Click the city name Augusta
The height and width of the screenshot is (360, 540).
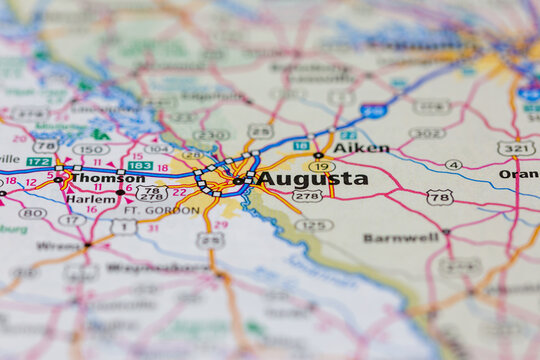[x=313, y=179]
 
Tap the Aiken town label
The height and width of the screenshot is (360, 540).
[x=361, y=148]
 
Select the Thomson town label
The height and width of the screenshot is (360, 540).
[x=107, y=178]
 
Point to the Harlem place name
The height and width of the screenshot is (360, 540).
[x=92, y=199]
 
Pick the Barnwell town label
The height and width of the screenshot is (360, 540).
[x=401, y=238]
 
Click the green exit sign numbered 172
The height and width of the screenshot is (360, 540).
[x=39, y=161]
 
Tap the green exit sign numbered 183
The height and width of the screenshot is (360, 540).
[x=141, y=166]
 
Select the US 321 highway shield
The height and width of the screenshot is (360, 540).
[x=516, y=148]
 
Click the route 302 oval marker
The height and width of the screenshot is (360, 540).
[x=427, y=133]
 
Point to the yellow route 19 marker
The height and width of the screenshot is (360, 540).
[x=321, y=166]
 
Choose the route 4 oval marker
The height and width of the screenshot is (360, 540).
[x=454, y=164]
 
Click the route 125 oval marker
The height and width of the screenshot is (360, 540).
[x=314, y=225]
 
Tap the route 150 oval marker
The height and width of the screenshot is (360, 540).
[x=91, y=149]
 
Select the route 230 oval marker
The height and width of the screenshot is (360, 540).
[x=211, y=135]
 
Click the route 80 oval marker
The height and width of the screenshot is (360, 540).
[x=32, y=213]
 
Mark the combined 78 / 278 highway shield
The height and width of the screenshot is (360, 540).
[x=152, y=192]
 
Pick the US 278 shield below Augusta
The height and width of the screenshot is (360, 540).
[x=307, y=196]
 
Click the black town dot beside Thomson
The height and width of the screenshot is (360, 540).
[x=59, y=179]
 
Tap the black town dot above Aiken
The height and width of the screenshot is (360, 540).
[x=318, y=154]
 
